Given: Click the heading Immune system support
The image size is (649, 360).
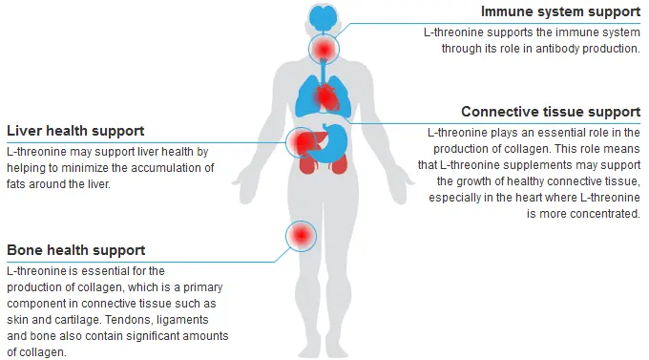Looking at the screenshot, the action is coord(560,12).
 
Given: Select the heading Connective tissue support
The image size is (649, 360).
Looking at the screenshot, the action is coord(550,112).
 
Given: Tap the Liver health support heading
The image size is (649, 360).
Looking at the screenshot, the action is coord(75,131).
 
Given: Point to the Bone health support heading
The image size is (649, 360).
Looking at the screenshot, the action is coord(75,250).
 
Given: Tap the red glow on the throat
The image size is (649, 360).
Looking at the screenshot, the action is coord(324,48).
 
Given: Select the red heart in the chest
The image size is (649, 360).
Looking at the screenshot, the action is coord(327,95).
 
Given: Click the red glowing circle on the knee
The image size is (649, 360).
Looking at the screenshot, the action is coord(303,234).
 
